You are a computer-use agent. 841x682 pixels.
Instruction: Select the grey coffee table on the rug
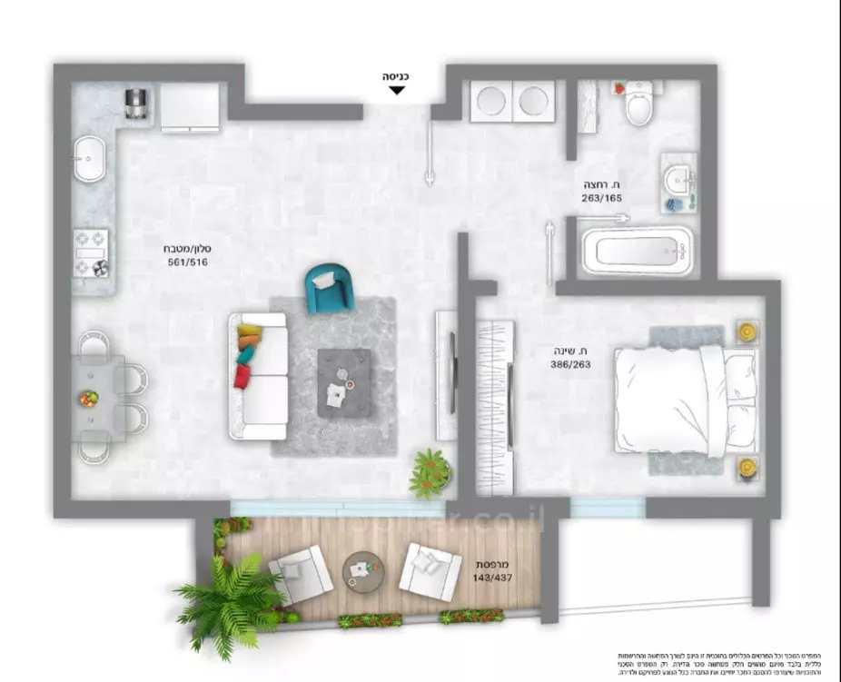click(343, 382)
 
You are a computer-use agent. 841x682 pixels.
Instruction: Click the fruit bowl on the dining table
click(88, 398)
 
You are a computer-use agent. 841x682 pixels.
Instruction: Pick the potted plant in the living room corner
click(429, 472)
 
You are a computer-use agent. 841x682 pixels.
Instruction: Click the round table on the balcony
click(363, 571)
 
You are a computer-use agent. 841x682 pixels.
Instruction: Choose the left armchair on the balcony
click(299, 574)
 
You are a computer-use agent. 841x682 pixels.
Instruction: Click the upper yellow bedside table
click(746, 332)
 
